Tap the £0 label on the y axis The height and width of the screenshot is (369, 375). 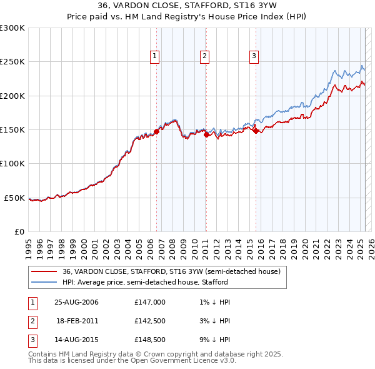click(x=19, y=231)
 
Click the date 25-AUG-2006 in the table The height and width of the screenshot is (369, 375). click(x=76, y=302)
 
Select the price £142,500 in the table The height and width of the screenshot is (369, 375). click(x=150, y=321)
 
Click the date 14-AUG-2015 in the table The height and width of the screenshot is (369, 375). click(x=76, y=340)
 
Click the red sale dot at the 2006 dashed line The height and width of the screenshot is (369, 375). click(x=157, y=131)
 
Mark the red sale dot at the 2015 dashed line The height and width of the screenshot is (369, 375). click(x=256, y=130)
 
